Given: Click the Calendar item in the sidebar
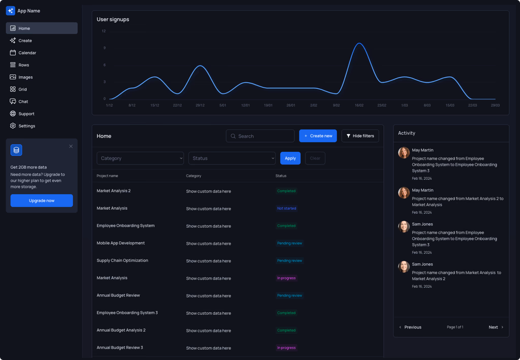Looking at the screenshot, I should [x=27, y=53].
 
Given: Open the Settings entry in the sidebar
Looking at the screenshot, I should [x=26, y=126].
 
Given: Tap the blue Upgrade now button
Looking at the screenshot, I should [x=42, y=201].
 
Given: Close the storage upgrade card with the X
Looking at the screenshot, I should [x=71, y=146].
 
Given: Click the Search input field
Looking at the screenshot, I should [x=260, y=136].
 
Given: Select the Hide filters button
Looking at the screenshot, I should [x=360, y=136].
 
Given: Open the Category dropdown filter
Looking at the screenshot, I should [x=140, y=158].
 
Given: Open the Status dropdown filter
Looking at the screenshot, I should [x=232, y=158].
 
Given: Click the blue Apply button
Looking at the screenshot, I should [x=290, y=158].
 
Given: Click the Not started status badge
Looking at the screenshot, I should [x=286, y=209].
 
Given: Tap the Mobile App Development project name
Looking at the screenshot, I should [x=121, y=243].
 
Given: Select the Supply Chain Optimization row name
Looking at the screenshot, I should [x=122, y=260].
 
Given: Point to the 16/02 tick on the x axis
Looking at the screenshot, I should [x=359, y=106].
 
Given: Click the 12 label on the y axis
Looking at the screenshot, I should [x=104, y=31].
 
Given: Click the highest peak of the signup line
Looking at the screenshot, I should [x=360, y=43].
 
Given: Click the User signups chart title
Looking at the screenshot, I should [x=113, y=19].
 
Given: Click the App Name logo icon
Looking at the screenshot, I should [x=10, y=11].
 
